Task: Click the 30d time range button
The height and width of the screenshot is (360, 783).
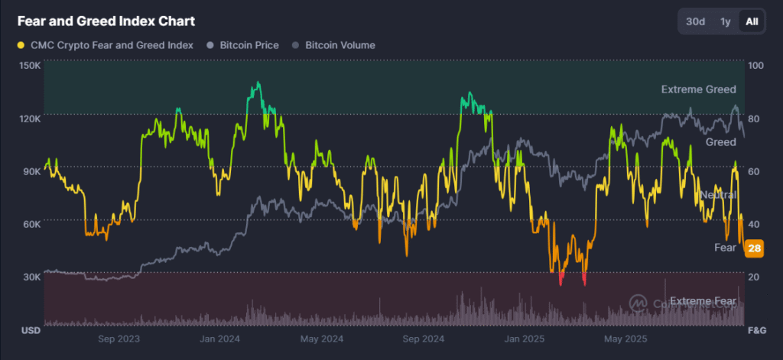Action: tap(695, 21)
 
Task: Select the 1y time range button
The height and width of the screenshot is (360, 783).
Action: tap(725, 21)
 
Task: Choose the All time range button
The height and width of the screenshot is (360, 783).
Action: tap(752, 21)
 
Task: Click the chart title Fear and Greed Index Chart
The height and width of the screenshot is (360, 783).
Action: tap(106, 21)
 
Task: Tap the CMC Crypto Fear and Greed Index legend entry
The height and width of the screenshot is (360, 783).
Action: tap(105, 45)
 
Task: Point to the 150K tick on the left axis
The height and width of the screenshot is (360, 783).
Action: tap(30, 66)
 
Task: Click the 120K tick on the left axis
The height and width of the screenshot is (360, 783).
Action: tap(30, 118)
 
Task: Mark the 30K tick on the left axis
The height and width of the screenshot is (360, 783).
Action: tap(30, 277)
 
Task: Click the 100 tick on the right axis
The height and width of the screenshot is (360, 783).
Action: tap(754, 66)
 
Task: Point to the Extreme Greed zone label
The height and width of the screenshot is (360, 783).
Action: tap(698, 90)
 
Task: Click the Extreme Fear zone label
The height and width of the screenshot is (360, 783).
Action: tap(703, 301)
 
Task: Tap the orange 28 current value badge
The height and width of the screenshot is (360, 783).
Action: tap(754, 248)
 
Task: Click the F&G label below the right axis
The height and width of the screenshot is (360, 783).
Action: tap(755, 331)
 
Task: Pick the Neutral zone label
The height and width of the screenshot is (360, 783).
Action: tap(717, 195)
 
